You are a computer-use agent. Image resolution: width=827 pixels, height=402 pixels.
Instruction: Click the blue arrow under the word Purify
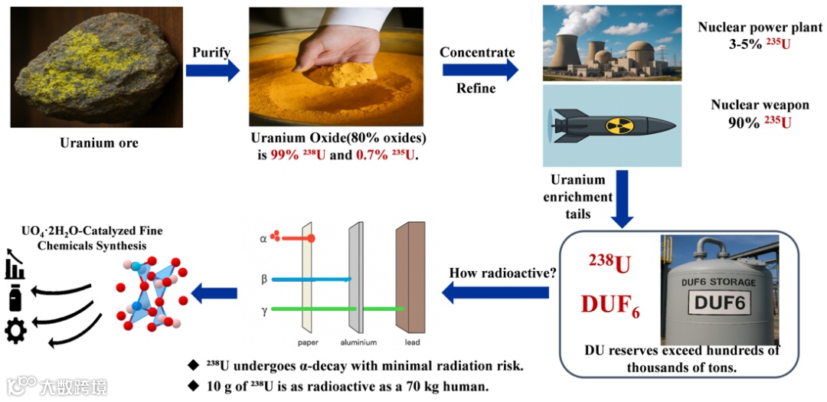coord(212,71)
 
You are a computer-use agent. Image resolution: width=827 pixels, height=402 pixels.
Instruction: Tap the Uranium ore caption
coord(99,142)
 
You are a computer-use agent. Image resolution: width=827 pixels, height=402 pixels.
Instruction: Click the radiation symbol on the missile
coord(619,126)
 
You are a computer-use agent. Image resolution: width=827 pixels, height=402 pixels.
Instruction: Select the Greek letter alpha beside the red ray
coord(264,238)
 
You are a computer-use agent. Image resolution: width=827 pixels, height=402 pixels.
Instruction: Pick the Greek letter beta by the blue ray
coord(264,279)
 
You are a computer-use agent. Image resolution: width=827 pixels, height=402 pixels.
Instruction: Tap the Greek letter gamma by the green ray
coord(264,309)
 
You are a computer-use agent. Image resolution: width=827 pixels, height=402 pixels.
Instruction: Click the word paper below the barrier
coord(308,342)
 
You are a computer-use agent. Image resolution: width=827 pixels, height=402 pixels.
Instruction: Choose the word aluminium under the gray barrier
coord(358,342)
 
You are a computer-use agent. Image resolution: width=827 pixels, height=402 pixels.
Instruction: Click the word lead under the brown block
coord(412,342)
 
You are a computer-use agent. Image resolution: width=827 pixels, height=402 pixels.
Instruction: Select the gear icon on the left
coord(15,330)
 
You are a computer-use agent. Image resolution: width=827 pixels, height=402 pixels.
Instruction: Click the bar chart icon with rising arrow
coord(15,263)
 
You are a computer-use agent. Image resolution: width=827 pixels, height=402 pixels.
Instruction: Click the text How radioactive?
coord(498,273)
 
